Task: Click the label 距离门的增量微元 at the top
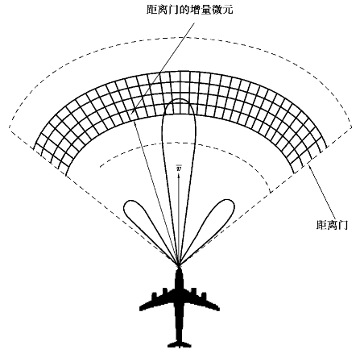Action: tap(190, 10)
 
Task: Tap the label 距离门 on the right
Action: tap(332, 225)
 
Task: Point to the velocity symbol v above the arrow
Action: tap(178, 169)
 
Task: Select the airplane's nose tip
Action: tap(179, 268)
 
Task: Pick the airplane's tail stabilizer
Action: tap(179, 344)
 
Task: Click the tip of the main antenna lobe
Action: tap(179, 99)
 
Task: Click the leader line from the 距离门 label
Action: tap(324, 193)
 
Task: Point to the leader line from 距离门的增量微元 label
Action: tap(164, 68)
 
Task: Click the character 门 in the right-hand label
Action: tap(343, 225)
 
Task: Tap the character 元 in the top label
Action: tap(228, 10)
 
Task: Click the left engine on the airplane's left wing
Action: tap(155, 297)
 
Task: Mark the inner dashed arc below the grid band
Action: tap(183, 143)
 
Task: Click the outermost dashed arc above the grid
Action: tap(180, 38)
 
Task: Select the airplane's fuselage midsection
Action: tap(179, 304)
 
